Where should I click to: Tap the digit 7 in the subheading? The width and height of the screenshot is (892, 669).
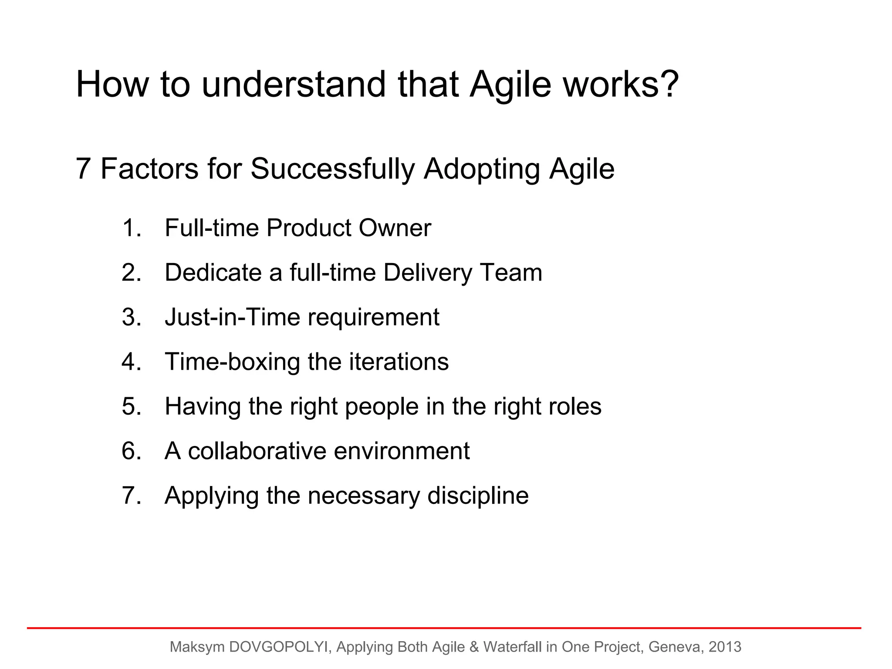83,169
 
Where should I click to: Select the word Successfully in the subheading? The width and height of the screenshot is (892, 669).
332,169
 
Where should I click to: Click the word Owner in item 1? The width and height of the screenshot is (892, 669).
395,228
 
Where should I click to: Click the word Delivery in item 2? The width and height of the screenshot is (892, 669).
428,273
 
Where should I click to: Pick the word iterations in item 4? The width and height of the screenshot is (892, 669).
399,362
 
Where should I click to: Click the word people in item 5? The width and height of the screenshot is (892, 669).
382,407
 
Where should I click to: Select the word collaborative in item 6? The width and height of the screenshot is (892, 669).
257,451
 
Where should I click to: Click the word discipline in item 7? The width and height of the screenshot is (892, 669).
478,496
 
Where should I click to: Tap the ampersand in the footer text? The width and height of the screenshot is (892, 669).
474,647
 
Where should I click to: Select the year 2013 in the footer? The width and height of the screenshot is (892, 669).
725,647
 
